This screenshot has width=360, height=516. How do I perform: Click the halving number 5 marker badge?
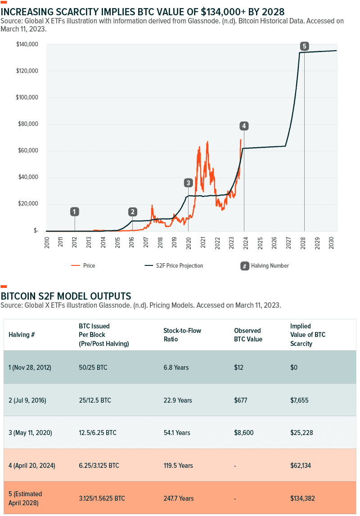tap(305, 46)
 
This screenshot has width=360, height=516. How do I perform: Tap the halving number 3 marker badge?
tap(188, 183)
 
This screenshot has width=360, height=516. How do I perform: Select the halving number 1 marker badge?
tap(75, 211)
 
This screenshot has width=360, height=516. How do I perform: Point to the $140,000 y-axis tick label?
tap(27, 45)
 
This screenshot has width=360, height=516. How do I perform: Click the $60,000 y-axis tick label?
tap(27, 151)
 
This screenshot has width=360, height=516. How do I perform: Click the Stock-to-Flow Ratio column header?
tap(182, 335)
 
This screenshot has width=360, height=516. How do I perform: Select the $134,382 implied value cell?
tap(305, 498)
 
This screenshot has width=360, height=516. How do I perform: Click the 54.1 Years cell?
tap(177, 433)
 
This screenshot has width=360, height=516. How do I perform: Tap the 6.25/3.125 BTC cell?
tap(99, 466)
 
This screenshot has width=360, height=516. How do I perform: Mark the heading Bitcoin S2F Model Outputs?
tap(66, 296)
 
